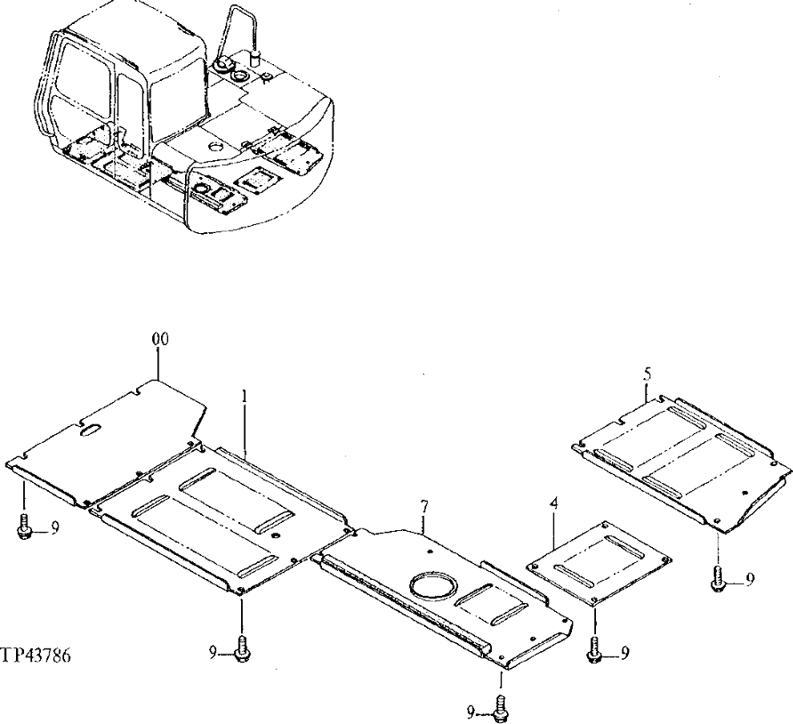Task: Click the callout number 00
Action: (160, 340)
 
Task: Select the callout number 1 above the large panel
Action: (245, 396)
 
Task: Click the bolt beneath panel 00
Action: (23, 529)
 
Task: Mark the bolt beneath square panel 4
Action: (594, 652)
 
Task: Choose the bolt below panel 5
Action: (719, 581)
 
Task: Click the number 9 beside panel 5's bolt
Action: (749, 581)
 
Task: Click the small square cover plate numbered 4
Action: (598, 562)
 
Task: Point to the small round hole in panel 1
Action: (275, 536)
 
